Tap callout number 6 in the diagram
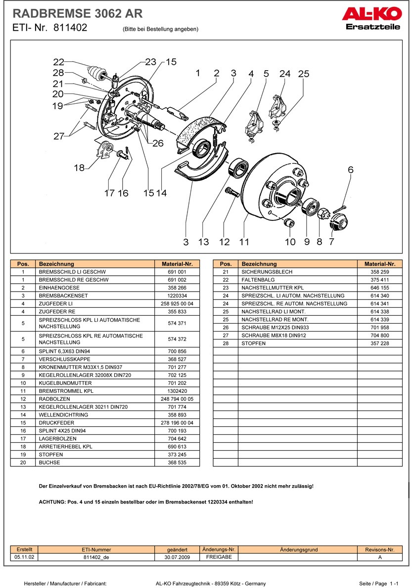pos(351,170)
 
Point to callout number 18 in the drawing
pos(79,168)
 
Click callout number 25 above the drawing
pos(304,74)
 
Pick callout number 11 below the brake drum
pos(244,242)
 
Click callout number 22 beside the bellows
pos(59,62)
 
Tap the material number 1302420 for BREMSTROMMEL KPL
pos(177,391)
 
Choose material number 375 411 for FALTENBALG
pos(379,280)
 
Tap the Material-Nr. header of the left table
pos(177,264)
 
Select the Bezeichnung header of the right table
pos(259,264)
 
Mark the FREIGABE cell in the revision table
pos(219,556)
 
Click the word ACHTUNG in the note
pos(52,502)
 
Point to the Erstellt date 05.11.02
pos(24,556)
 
